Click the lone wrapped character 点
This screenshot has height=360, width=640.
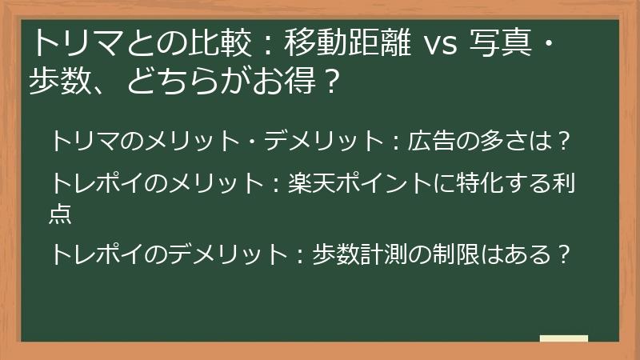[61, 213]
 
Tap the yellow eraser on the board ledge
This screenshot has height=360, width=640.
[564, 338]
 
